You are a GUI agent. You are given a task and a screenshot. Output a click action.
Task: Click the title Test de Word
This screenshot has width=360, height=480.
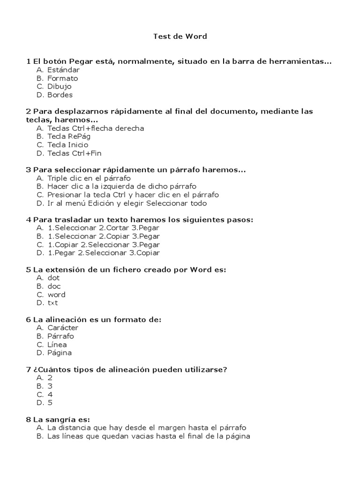[x=180, y=36]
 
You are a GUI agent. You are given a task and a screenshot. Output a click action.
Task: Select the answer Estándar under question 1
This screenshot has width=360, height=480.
[x=63, y=70]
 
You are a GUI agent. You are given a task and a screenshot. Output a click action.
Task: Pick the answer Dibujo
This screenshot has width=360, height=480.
[x=59, y=87]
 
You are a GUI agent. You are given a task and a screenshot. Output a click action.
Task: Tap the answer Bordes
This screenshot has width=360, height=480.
[x=60, y=95]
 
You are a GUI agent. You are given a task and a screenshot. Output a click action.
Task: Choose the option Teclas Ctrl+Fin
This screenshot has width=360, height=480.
[x=74, y=153]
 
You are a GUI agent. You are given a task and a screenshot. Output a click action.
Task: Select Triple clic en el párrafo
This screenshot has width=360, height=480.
[x=89, y=179]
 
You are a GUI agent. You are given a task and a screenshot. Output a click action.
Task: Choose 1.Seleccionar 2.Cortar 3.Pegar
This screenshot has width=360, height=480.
[x=103, y=228]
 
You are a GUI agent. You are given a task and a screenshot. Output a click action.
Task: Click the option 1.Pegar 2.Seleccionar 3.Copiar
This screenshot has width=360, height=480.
[x=103, y=253]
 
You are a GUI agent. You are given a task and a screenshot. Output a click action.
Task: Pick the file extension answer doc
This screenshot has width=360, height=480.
[x=54, y=286]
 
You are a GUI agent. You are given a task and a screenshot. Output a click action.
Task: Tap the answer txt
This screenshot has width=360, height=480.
[x=52, y=303]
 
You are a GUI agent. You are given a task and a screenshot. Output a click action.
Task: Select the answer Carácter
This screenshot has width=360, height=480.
[x=63, y=328]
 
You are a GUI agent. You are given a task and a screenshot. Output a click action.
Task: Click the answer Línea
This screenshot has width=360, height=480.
[x=57, y=345]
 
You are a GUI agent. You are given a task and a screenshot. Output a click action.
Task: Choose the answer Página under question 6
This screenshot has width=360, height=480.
[x=60, y=353]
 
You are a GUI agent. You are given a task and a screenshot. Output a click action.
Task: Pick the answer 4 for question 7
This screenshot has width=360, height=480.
[x=50, y=395]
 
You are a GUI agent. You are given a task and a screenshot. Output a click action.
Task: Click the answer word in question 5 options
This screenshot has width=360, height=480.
[x=56, y=295]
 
